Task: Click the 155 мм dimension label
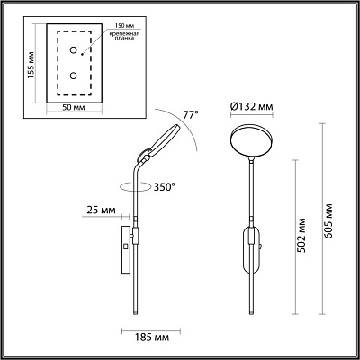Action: coord(31,63)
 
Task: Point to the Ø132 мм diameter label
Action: coord(252,105)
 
